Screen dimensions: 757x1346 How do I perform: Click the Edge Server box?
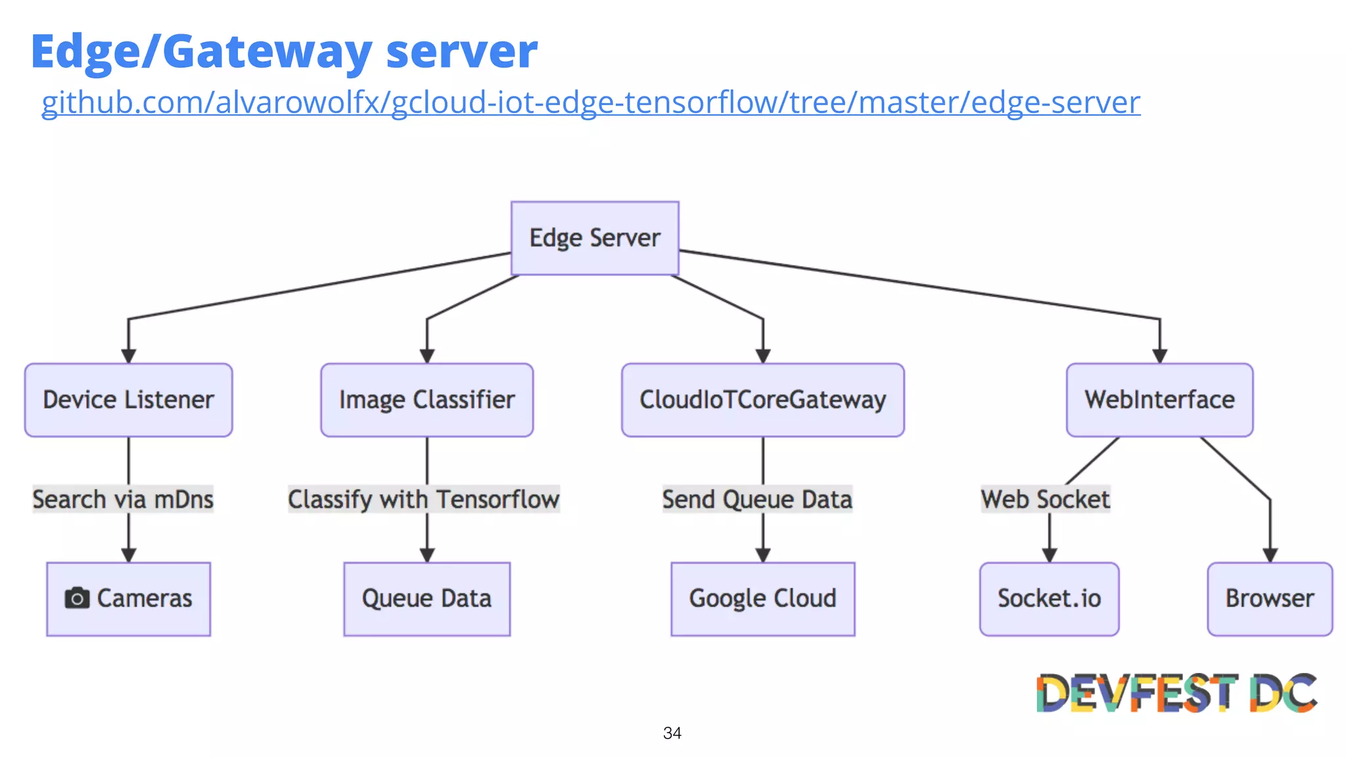(595, 238)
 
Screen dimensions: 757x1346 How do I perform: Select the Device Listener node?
(129, 400)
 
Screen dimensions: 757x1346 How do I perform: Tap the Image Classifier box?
(427, 400)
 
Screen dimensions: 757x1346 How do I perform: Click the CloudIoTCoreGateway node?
(762, 400)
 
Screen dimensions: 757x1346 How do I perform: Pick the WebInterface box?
(1159, 400)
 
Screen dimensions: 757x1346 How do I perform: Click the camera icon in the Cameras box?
(77, 598)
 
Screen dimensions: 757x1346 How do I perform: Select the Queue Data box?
(427, 599)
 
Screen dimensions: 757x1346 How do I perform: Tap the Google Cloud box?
(762, 599)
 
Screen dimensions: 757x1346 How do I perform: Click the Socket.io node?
(1049, 599)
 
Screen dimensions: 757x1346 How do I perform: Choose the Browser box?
(1270, 599)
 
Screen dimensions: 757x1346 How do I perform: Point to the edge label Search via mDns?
(123, 499)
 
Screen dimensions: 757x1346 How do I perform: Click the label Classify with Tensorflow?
(424, 499)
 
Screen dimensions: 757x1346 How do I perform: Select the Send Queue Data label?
(757, 499)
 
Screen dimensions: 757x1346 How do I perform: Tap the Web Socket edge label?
(1045, 499)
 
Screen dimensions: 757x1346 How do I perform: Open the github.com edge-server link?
(590, 103)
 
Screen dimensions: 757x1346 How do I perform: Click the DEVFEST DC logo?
(1176, 693)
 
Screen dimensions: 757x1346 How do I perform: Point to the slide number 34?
(672, 733)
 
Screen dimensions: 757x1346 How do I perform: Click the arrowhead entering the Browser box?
(1270, 555)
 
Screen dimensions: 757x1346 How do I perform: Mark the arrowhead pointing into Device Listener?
(129, 356)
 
